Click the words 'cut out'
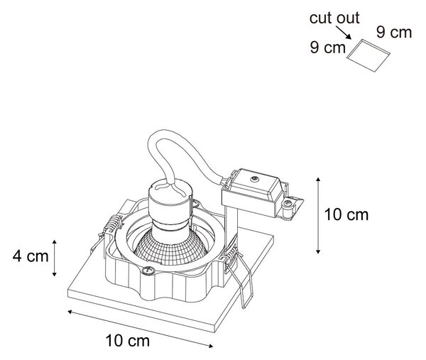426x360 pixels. pyautogui.click(x=334, y=18)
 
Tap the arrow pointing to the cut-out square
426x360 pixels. pyautogui.click(x=343, y=33)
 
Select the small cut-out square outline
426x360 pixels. pyautogui.click(x=368, y=55)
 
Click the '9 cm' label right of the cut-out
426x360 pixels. pyautogui.click(x=394, y=32)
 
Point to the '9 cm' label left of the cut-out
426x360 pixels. pyautogui.click(x=327, y=48)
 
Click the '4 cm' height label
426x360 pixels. pyautogui.click(x=31, y=256)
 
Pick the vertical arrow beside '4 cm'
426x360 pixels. pyautogui.click(x=55, y=258)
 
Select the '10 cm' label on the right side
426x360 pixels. pyautogui.click(x=346, y=214)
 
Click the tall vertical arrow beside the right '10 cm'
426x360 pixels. pyautogui.click(x=318, y=215)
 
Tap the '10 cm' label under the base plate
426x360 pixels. pyautogui.click(x=127, y=341)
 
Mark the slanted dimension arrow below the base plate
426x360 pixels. pyautogui.click(x=140, y=329)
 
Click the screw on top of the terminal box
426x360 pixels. pyautogui.click(x=255, y=178)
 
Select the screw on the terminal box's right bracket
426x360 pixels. pyautogui.click(x=287, y=202)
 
